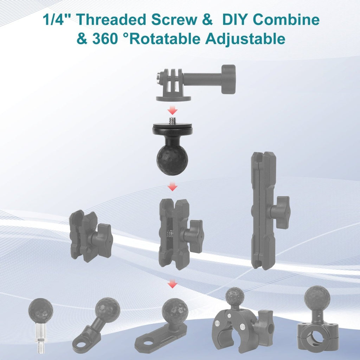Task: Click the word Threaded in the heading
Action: [111, 20]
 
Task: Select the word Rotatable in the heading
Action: [165, 39]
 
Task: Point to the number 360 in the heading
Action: [105, 39]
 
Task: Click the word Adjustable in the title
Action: [245, 39]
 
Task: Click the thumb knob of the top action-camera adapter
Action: [229, 79]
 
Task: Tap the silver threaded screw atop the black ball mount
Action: [172, 121]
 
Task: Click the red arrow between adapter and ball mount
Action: [172, 111]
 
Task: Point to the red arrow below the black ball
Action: [172, 187]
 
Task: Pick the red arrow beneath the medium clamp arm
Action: [172, 284]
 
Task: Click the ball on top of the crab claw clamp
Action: [234, 297]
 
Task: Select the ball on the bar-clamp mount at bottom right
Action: [317, 299]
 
